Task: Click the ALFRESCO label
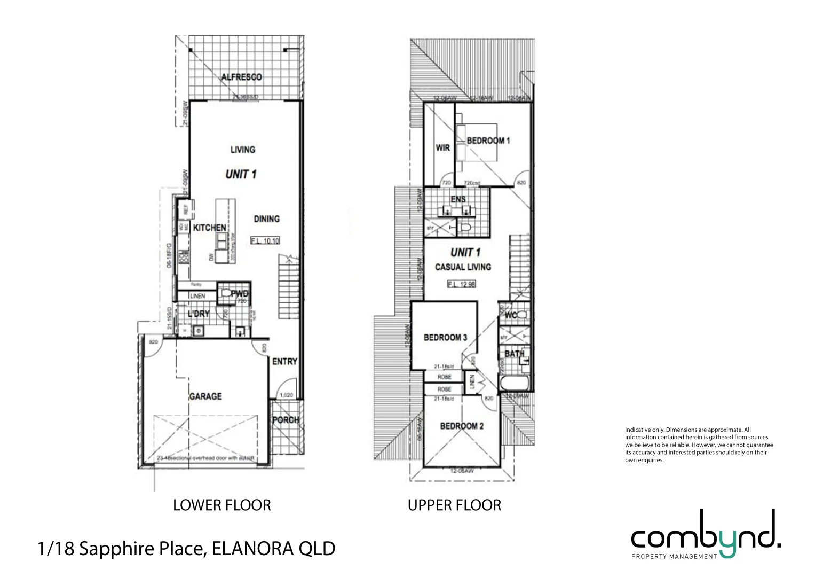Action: tap(242, 77)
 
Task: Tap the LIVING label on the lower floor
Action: tap(243, 150)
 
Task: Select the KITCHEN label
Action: tap(210, 228)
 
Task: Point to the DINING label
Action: tap(266, 219)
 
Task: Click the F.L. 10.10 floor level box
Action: tap(265, 241)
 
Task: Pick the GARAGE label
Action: tap(205, 396)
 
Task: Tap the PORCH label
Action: tap(286, 420)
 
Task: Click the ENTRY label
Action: tap(284, 362)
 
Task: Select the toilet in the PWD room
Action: tap(226, 293)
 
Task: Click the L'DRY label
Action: tap(199, 314)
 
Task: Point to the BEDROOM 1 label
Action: tap(488, 141)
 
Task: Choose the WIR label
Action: tap(442, 148)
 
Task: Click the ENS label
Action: tap(458, 199)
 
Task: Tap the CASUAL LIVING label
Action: tap(463, 267)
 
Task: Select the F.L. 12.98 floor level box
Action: tap(461, 284)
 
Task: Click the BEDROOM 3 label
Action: tap(445, 338)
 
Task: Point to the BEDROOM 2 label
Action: tap(462, 426)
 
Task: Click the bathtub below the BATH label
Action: tap(513, 383)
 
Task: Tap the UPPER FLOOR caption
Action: tap(454, 505)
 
